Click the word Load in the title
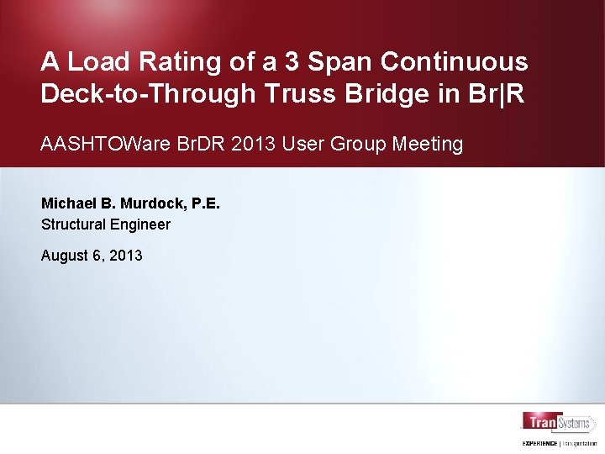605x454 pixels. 95,61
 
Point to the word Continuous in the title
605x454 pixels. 455,61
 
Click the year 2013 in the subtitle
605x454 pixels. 254,144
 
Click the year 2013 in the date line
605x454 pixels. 124,256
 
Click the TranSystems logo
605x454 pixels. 558,423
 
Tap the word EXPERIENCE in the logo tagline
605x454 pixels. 540,443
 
